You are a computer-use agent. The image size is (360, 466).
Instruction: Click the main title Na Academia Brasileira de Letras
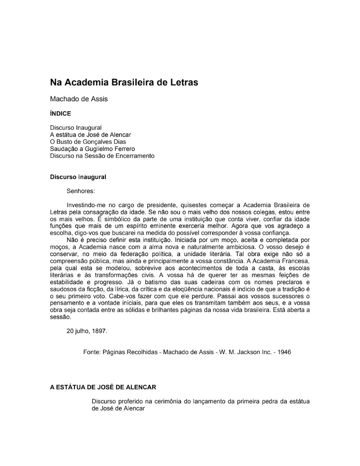tap(124, 82)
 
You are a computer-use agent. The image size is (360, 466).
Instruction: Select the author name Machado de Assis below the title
tap(79, 99)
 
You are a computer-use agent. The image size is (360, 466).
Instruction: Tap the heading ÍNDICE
tap(60, 114)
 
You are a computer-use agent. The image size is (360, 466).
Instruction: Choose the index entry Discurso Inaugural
tap(76, 128)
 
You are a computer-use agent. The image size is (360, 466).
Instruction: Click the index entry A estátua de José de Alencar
tap(90, 135)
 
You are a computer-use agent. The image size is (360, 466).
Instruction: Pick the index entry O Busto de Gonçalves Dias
tap(88, 142)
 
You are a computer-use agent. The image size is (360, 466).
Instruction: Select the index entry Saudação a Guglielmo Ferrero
tap(93, 149)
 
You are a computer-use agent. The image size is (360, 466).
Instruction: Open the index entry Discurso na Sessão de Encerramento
tap(102, 156)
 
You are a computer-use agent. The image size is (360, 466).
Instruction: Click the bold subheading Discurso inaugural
tap(78, 177)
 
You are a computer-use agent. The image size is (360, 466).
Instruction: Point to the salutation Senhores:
tap(81, 191)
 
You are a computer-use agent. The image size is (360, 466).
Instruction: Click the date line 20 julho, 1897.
tap(87, 331)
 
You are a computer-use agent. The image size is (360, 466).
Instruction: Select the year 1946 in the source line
tap(284, 352)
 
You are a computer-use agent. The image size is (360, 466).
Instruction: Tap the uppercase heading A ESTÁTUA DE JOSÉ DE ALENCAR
tap(103, 387)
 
